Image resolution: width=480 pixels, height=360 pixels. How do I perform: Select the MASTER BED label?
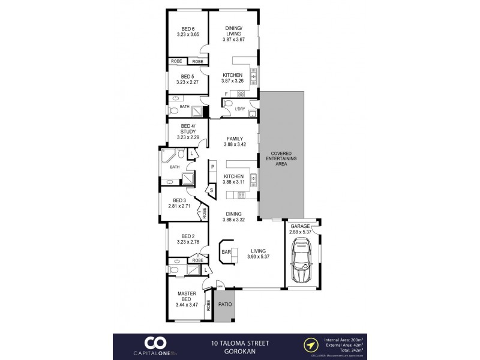[x=187, y=296]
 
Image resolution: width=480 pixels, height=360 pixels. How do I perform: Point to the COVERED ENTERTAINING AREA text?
[x=281, y=158]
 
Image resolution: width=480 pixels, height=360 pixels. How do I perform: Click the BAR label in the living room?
[x=227, y=253]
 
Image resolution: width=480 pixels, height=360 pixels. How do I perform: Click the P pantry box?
[x=212, y=166]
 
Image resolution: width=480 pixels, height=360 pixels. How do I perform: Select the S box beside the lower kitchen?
[x=212, y=190]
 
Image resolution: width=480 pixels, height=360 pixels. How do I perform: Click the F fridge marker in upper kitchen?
[x=226, y=94]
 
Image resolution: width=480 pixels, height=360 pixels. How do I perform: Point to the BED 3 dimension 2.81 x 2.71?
[x=180, y=206]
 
